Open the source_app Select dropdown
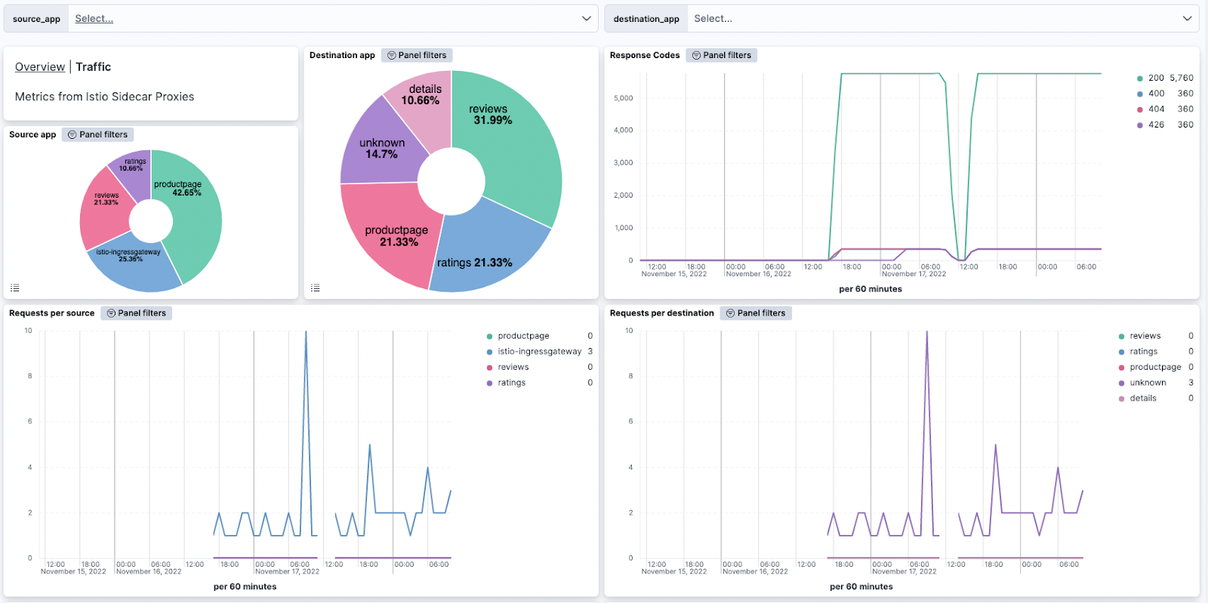pos(325,19)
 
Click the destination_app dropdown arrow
pos(1187,19)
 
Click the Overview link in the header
pos(40,67)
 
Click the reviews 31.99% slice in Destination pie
pos(513,151)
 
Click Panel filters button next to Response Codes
pos(722,55)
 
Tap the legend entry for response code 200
pos(1156,78)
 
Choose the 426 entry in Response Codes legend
pos(1156,125)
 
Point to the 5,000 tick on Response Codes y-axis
pos(624,98)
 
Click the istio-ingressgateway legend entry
pos(539,352)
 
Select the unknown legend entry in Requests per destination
pos(1148,383)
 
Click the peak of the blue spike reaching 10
pos(306,332)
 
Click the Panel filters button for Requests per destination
pos(756,313)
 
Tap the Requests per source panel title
pos(51,313)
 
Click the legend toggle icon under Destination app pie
pos(316,288)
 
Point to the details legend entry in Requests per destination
pos(1142,398)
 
